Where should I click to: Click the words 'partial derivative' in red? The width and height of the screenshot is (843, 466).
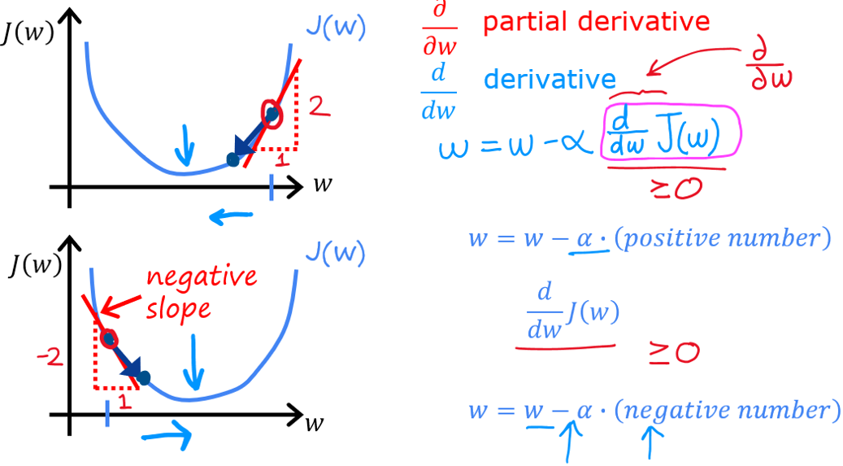point(596,22)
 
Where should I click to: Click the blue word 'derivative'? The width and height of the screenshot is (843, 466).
point(550,79)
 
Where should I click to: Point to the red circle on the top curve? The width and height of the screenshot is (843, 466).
point(272,115)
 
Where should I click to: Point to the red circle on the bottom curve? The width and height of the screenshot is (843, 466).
point(108,338)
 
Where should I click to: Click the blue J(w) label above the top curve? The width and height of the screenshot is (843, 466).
point(336,30)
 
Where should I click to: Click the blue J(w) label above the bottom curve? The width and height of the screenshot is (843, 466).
point(335,254)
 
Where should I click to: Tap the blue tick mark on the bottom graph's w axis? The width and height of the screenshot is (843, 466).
point(106,416)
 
